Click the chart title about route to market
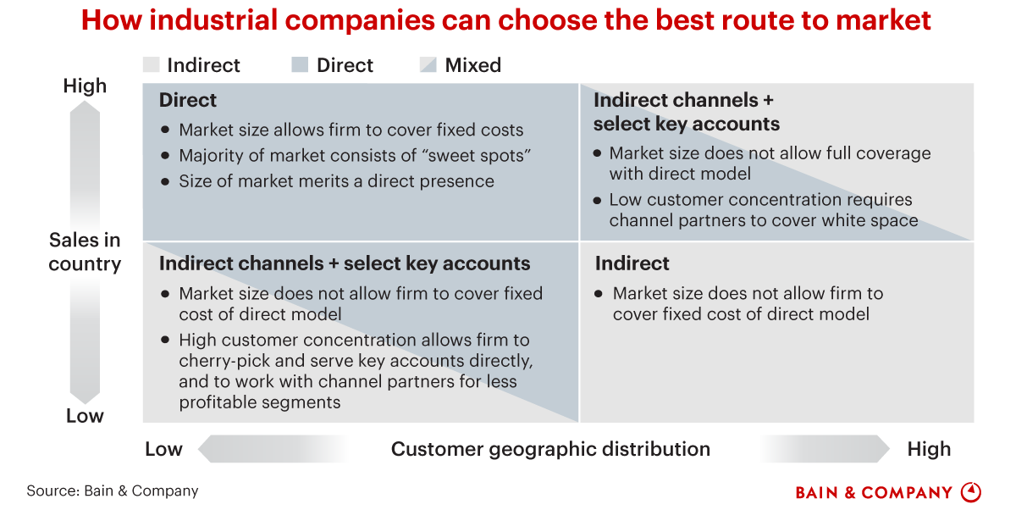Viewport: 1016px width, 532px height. point(506,20)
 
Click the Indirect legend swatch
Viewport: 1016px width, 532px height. point(152,65)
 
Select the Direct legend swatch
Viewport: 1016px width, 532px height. point(300,65)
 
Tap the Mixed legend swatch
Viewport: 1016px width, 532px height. point(428,65)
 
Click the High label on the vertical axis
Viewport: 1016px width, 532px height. point(85,86)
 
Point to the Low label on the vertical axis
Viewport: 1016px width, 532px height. point(85,416)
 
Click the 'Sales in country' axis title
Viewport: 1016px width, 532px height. point(85,252)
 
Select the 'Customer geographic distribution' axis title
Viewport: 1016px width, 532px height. point(550,449)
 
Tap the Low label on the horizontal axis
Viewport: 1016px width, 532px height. point(163,449)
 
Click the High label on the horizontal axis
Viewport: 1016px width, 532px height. point(929,449)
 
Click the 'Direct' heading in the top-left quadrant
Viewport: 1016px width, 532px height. point(188,100)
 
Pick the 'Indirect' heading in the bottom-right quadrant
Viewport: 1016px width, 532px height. point(632,263)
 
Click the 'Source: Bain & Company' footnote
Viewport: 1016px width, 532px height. point(113,490)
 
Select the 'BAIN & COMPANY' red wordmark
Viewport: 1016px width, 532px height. point(874,493)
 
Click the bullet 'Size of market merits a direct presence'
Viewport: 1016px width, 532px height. point(336,180)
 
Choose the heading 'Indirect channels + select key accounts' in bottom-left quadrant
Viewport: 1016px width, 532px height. point(345,263)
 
